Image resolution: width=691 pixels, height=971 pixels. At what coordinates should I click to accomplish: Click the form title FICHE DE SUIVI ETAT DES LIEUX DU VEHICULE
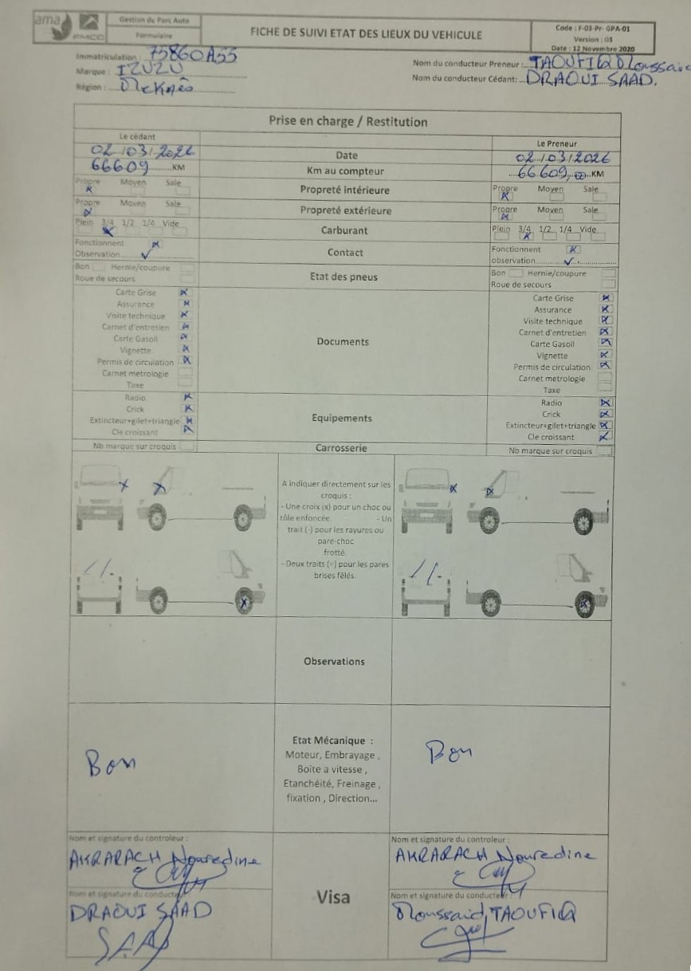coord(366,34)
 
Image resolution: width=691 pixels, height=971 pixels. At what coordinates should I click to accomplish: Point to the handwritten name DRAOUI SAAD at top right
coord(586,81)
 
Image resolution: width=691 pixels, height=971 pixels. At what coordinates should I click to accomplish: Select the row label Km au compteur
coord(345,171)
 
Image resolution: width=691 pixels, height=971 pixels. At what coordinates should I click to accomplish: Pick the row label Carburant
coord(345,230)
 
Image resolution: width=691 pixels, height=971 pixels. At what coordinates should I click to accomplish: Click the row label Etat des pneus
coord(344,277)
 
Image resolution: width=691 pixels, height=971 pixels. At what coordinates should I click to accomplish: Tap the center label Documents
coord(343,342)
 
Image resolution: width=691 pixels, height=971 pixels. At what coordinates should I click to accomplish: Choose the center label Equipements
coord(341,418)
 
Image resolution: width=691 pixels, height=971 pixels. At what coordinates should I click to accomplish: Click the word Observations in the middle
coord(334,662)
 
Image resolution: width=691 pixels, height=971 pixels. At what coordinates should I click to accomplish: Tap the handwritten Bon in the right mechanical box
coord(448,750)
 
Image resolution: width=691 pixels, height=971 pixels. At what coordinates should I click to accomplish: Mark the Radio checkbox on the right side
coord(606,403)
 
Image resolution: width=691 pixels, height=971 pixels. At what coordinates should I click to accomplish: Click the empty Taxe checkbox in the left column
coord(185,383)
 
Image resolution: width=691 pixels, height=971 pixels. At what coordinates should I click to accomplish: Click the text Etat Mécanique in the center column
coord(332,741)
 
